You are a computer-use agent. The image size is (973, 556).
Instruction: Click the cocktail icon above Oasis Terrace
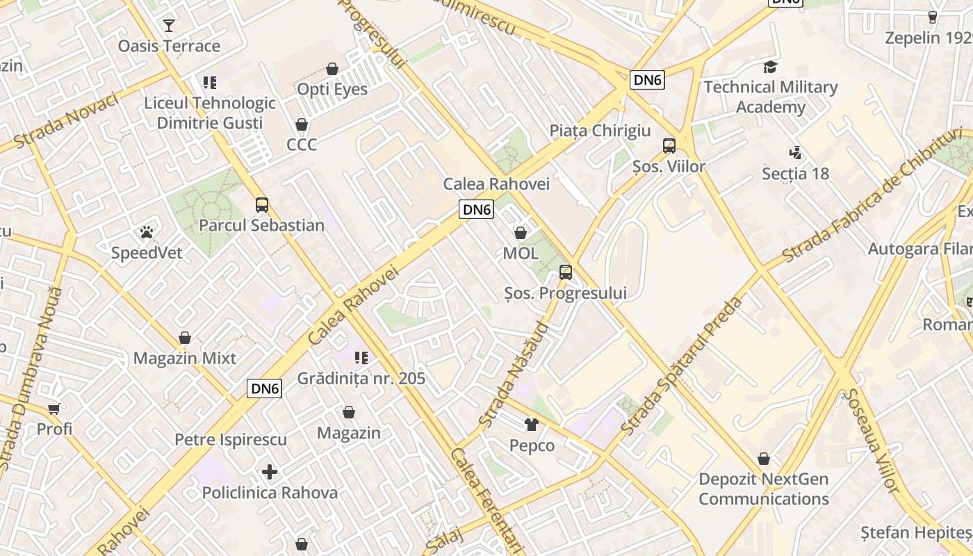point(169,26)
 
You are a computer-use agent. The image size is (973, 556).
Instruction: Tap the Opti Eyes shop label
point(332,90)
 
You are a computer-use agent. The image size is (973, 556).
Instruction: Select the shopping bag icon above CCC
point(302,124)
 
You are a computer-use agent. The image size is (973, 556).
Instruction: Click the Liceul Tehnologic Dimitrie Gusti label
point(210,113)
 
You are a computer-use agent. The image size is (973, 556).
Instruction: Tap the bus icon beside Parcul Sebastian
point(262,205)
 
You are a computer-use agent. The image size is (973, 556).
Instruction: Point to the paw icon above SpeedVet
point(147,232)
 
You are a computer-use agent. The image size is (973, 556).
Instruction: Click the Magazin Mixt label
point(185,359)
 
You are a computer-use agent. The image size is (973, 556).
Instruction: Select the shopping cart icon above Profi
point(54,409)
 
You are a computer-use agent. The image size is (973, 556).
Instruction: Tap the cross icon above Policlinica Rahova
point(270,473)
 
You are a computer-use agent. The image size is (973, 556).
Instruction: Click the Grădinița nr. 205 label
point(361,379)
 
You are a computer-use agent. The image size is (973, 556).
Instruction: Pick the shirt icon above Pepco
point(532,425)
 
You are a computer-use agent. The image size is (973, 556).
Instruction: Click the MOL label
point(521,254)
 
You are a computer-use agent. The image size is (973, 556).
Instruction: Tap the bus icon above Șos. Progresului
point(566,272)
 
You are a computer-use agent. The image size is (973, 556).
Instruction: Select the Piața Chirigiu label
point(600,131)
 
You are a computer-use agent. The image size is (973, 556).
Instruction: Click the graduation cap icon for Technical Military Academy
point(770,67)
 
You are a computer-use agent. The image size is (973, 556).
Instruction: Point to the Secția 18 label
point(796,174)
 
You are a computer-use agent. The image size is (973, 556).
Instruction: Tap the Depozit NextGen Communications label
point(764,489)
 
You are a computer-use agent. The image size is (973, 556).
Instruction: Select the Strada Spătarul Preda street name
point(682,366)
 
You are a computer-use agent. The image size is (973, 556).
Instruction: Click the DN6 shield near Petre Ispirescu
point(265,389)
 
